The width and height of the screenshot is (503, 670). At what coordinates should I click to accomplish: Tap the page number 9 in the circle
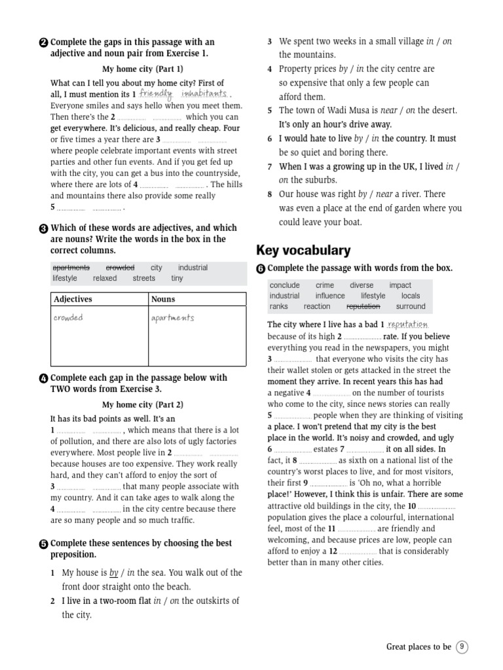(462, 646)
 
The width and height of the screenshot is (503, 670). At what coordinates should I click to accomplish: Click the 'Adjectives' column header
(73, 299)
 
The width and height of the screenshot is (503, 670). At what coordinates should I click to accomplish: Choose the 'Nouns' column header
(163, 299)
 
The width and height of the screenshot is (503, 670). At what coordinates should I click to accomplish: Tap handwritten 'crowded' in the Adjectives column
(69, 318)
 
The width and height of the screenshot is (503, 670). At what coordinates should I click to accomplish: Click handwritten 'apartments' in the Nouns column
(172, 318)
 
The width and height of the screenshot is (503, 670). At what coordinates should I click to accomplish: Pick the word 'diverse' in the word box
(362, 285)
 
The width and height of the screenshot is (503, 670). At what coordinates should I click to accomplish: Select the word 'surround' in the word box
(411, 306)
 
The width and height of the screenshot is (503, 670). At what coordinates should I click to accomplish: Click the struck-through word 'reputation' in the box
(363, 306)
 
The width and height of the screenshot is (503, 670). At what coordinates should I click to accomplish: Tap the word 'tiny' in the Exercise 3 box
(177, 278)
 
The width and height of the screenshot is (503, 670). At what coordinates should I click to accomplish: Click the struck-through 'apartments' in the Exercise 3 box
(71, 268)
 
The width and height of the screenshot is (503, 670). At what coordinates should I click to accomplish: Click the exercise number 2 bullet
(43, 43)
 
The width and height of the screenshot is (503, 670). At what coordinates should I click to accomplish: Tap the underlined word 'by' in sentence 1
(113, 573)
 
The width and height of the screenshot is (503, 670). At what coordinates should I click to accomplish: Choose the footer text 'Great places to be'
(419, 646)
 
